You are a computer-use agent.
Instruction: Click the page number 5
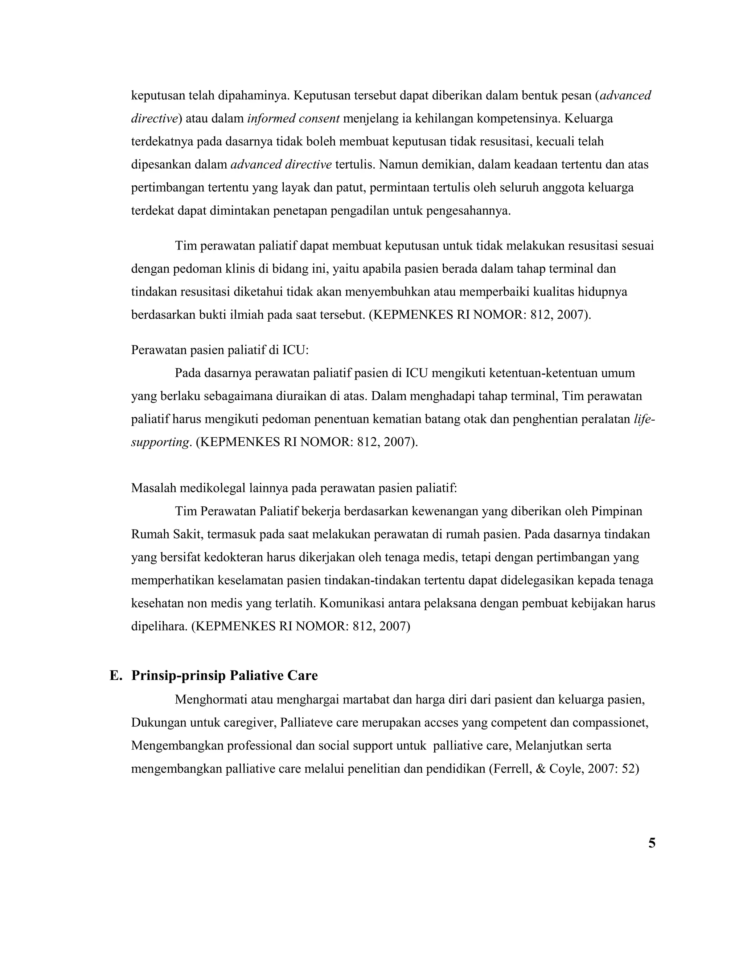pos(652,844)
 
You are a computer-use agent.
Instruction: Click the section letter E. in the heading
pos(116,676)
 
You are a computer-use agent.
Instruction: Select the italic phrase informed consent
pos(293,119)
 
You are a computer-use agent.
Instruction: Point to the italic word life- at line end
pos(644,419)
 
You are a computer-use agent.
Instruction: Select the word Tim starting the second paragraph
pos(185,246)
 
